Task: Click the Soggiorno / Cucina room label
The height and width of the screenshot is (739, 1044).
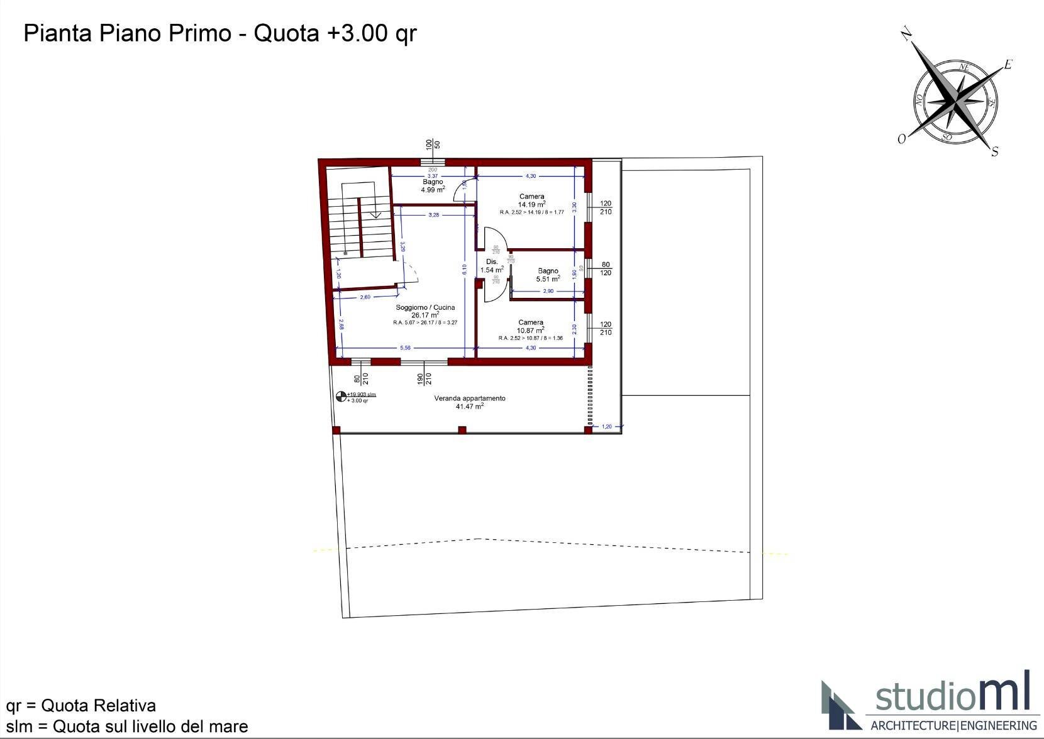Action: tap(425, 307)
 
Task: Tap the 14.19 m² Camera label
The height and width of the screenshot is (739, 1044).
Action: tap(531, 200)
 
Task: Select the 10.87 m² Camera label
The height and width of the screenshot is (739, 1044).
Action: tap(531, 326)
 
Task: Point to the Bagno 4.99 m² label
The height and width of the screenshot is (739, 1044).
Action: tap(433, 185)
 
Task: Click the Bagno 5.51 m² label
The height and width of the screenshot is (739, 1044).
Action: tap(548, 275)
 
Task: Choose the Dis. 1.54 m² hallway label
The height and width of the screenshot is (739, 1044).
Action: tap(492, 266)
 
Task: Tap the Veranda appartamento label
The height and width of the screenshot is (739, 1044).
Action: tap(470, 402)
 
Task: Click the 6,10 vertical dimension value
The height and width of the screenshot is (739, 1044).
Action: tap(464, 269)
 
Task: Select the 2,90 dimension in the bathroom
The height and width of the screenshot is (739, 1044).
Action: tap(548, 291)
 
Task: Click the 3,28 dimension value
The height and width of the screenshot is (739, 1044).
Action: tap(433, 215)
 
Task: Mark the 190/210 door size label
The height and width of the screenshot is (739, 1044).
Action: tap(425, 378)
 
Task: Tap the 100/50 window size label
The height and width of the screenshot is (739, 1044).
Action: tap(433, 145)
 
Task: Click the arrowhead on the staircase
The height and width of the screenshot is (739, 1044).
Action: tap(375, 215)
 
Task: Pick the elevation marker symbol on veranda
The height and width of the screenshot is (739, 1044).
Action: tap(342, 397)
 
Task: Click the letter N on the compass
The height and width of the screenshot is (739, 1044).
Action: tap(906, 34)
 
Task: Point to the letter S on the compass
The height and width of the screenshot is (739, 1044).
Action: tap(994, 151)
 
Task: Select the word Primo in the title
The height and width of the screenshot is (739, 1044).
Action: tap(199, 33)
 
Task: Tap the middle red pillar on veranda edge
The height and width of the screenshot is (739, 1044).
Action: tap(462, 430)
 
